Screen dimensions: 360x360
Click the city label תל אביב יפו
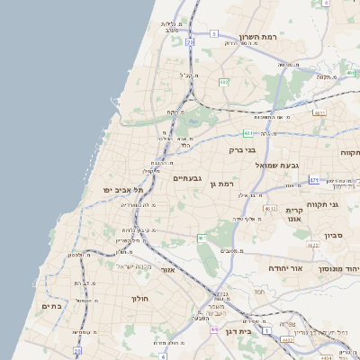123,191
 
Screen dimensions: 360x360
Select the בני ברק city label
243,150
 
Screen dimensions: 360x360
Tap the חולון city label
139,298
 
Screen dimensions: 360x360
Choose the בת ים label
50,306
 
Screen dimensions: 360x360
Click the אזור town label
167,269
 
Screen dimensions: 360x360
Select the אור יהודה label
286,268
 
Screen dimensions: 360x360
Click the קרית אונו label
293,215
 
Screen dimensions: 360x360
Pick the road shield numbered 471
313,180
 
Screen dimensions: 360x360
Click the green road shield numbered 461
202,238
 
